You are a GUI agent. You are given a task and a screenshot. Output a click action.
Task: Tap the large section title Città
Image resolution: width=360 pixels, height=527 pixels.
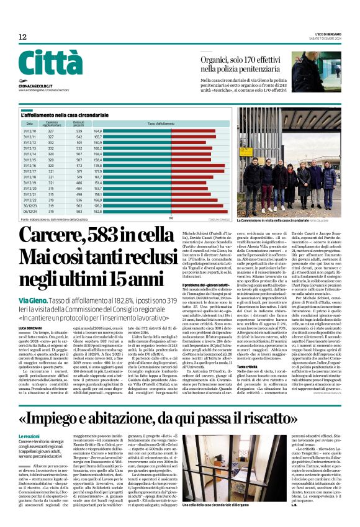49,64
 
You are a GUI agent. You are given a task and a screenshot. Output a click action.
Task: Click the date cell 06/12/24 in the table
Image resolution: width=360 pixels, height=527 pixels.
30,211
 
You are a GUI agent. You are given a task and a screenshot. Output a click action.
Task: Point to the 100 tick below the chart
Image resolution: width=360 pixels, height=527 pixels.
171,218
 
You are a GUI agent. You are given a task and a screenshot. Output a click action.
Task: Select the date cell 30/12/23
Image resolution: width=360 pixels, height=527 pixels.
30,205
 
